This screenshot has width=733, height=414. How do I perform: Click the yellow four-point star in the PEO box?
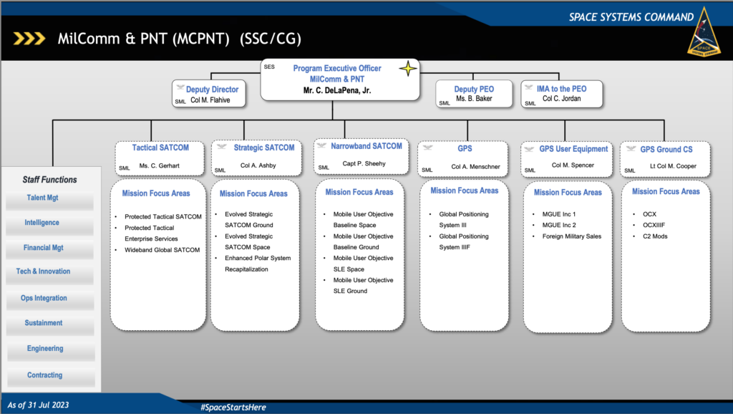[407, 69]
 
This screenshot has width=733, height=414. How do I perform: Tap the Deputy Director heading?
[212, 90]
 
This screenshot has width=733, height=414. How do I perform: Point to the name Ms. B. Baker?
[474, 99]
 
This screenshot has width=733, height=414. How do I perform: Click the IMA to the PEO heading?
[561, 88]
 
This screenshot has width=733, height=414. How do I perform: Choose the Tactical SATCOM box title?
[160, 148]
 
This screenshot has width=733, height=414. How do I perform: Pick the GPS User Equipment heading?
[573, 149]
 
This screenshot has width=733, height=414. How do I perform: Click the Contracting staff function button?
[44, 375]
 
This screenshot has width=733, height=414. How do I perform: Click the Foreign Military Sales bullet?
[571, 236]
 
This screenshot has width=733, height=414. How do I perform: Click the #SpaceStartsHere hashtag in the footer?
[233, 407]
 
